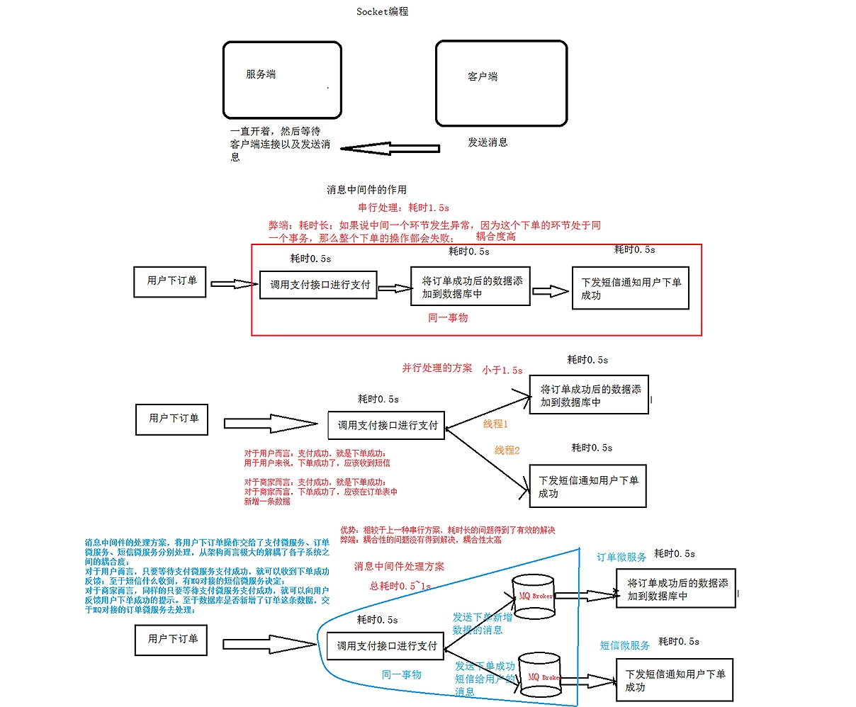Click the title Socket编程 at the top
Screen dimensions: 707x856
click(x=382, y=11)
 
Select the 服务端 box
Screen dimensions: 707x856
click(x=282, y=79)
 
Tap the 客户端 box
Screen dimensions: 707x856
click(x=501, y=83)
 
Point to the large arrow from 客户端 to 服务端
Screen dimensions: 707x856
click(x=390, y=149)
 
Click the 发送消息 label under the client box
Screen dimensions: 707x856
click(x=488, y=142)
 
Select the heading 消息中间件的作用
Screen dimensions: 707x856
click(x=366, y=189)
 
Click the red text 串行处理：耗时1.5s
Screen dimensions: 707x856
click(x=403, y=208)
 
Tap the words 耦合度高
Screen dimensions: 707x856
click(x=496, y=237)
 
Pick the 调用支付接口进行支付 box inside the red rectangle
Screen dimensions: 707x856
click(x=319, y=285)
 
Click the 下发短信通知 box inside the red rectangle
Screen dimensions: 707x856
click(x=630, y=288)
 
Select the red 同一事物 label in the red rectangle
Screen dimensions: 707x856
click(x=448, y=317)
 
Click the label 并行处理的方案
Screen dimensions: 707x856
click(x=437, y=368)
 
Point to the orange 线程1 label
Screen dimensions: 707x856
click(x=496, y=424)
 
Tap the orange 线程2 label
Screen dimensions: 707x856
click(x=507, y=450)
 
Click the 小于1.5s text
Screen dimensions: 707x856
click(x=502, y=370)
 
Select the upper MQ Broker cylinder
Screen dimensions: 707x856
click(x=533, y=596)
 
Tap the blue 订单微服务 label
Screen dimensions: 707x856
click(x=621, y=557)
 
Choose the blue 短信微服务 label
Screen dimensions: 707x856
click(x=625, y=645)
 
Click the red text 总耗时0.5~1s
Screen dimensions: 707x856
click(x=400, y=586)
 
